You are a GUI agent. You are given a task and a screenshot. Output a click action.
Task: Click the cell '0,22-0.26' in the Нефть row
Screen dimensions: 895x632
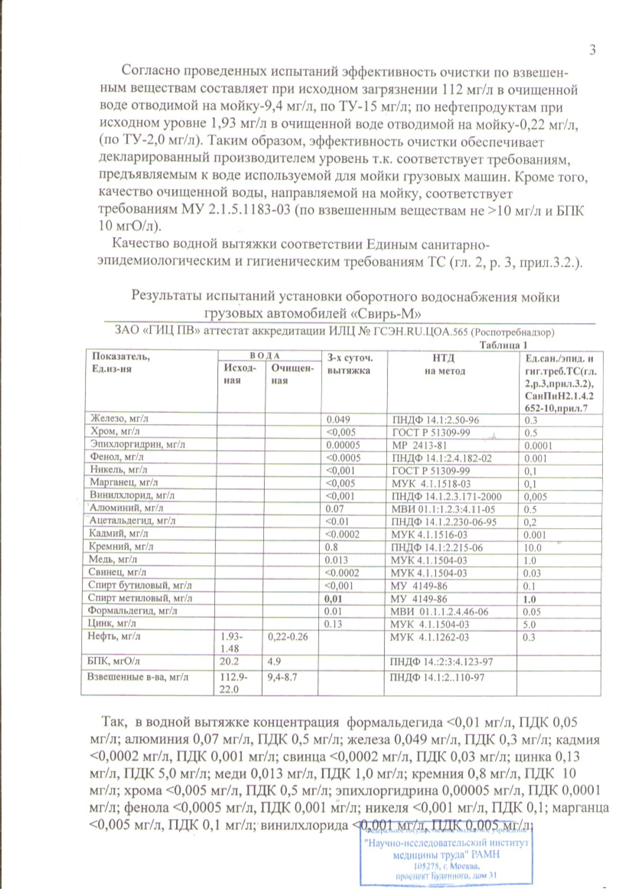point(288,637)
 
